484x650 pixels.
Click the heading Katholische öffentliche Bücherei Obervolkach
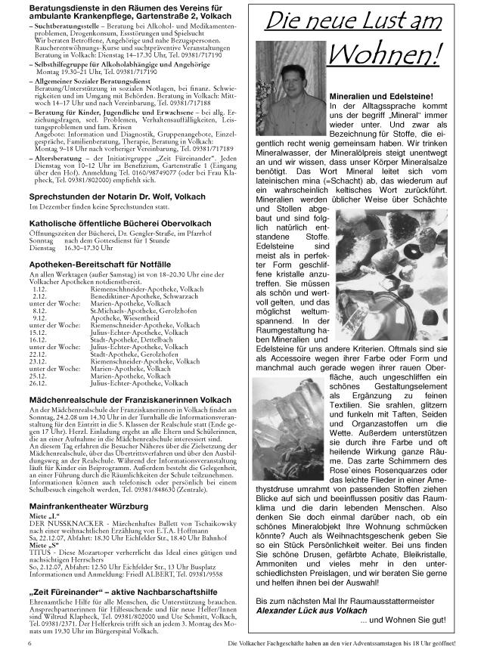(109, 224)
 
